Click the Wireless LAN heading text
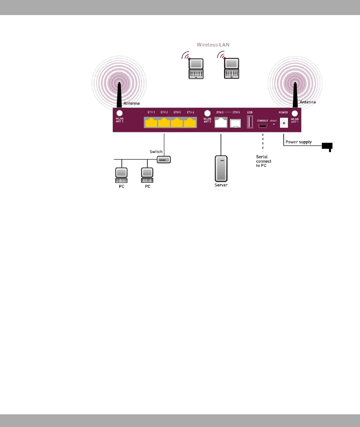point(213,45)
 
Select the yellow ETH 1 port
point(151,123)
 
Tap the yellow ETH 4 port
point(190,123)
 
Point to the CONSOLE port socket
point(262,126)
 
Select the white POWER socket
point(284,123)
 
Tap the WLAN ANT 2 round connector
point(119,113)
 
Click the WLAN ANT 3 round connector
point(207,114)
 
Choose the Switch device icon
point(164,160)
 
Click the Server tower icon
point(221,168)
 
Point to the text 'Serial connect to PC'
point(263,161)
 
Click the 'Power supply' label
point(299,142)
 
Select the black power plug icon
point(327,146)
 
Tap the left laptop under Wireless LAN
point(196,68)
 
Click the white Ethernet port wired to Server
point(221,123)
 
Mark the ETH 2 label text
point(164,112)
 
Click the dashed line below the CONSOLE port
point(263,142)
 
